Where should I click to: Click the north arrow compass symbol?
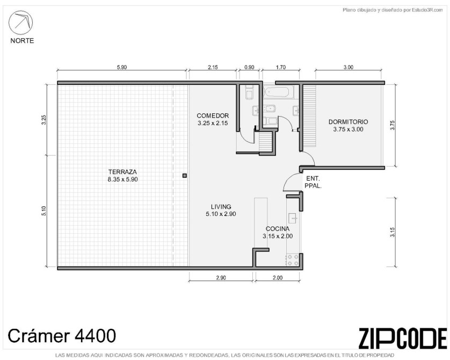click(20, 23)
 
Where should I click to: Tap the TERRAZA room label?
click(122, 172)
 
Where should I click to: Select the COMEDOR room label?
click(213, 116)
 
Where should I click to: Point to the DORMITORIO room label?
click(348, 122)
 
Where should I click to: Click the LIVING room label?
click(221, 207)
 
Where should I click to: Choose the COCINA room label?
click(278, 229)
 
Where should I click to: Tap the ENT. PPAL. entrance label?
click(313, 182)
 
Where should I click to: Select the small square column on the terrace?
click(185, 175)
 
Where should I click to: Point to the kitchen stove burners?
click(293, 260)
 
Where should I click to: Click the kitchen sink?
click(293, 218)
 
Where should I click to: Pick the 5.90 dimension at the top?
click(122, 68)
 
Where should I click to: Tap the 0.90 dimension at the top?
click(249, 68)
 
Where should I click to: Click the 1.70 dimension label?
click(281, 68)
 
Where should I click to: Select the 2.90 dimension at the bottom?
click(221, 278)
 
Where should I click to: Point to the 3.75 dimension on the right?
click(393, 125)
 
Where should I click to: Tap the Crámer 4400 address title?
click(62, 336)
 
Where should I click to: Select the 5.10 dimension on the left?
click(43, 211)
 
